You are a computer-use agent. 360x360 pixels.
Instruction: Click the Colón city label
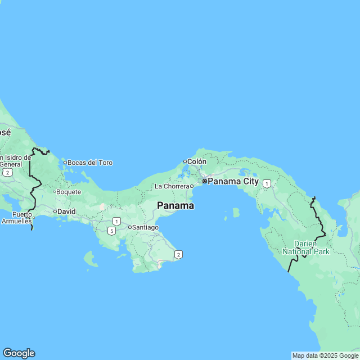pyautogui.click(x=197, y=161)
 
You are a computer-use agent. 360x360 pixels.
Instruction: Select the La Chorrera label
pyautogui.click(x=171, y=186)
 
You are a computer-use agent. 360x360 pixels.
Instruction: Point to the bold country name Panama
pyautogui.click(x=175, y=206)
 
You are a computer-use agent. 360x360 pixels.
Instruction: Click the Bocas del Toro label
pyautogui.click(x=90, y=163)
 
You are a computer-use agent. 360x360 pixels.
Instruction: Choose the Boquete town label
pyautogui.click(x=69, y=192)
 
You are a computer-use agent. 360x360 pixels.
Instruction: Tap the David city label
pyautogui.click(x=67, y=211)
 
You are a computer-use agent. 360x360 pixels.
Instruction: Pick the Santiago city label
pyautogui.click(x=145, y=227)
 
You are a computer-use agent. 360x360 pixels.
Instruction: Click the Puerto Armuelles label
pyautogui.click(x=22, y=218)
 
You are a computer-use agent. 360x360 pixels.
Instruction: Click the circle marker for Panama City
pyautogui.click(x=204, y=182)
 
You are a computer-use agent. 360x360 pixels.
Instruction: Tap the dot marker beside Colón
pyautogui.click(x=184, y=161)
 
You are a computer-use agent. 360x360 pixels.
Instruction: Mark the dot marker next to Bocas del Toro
pyautogui.click(x=65, y=163)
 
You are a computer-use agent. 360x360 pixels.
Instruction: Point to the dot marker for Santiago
pyautogui.click(x=129, y=227)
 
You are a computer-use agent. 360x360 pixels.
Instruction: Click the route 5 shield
pyautogui.click(x=112, y=231)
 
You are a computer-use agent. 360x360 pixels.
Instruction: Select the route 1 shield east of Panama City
pyautogui.click(x=267, y=183)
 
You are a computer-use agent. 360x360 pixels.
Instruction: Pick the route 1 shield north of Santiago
pyautogui.click(x=116, y=221)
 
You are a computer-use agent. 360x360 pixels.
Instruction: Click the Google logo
pyautogui.click(x=19, y=353)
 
